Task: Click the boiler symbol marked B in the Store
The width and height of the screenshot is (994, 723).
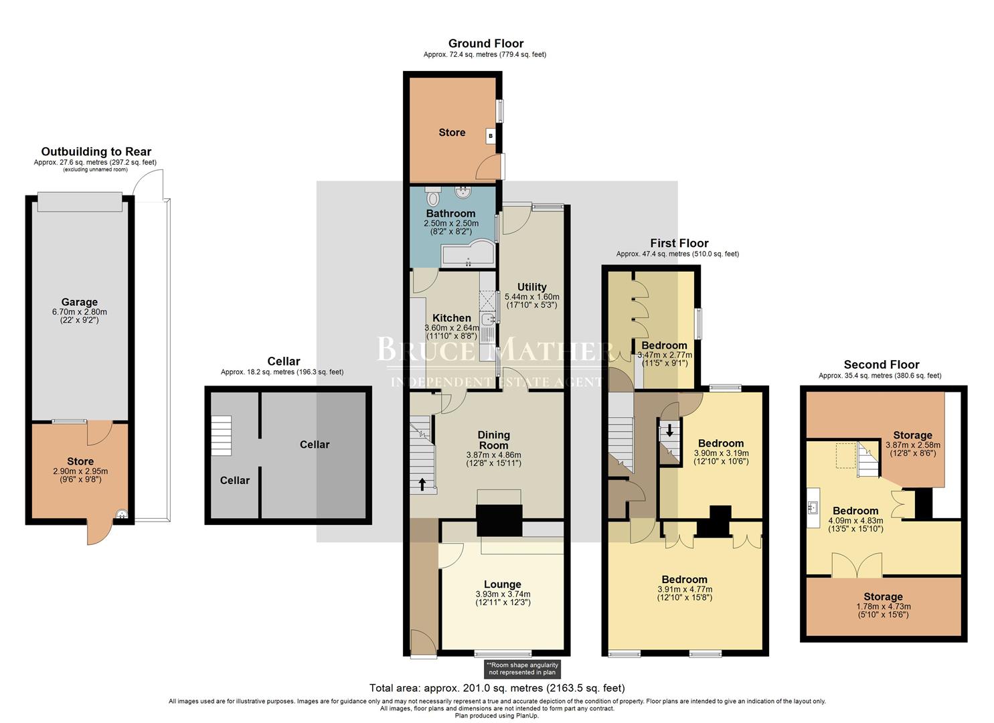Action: pos(491,136)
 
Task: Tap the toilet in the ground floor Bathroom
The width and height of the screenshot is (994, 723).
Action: pos(432,195)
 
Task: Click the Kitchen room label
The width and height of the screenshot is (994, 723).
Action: pos(452,318)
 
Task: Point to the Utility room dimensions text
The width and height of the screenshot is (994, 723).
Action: pos(531,301)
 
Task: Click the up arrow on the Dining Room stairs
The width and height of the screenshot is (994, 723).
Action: pos(422,483)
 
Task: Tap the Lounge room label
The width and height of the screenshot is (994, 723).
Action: pos(503,584)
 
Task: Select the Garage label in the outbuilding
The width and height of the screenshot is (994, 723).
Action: pos(80,302)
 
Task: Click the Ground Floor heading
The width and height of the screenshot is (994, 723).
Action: pos(485,44)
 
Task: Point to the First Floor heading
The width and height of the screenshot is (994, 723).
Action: pos(679,243)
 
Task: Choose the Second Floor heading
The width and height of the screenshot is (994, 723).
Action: pos(881,364)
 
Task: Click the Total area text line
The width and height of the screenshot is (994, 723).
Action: pos(497,688)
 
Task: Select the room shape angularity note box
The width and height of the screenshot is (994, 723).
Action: pos(522,669)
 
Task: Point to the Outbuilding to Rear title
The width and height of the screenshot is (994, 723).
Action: pos(96,152)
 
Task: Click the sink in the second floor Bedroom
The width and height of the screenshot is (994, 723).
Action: pos(814,508)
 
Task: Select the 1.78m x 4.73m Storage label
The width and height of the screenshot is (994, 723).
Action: pos(883,596)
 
